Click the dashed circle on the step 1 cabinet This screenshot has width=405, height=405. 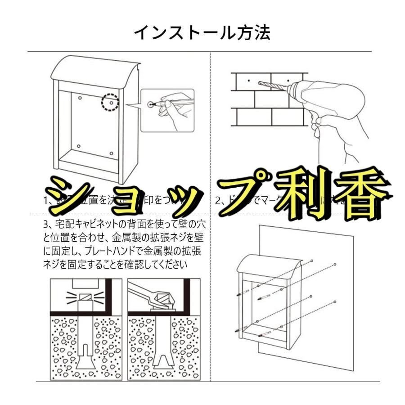point(109,102)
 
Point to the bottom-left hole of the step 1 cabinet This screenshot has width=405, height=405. point(79,147)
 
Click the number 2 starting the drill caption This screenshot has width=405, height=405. point(217,201)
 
